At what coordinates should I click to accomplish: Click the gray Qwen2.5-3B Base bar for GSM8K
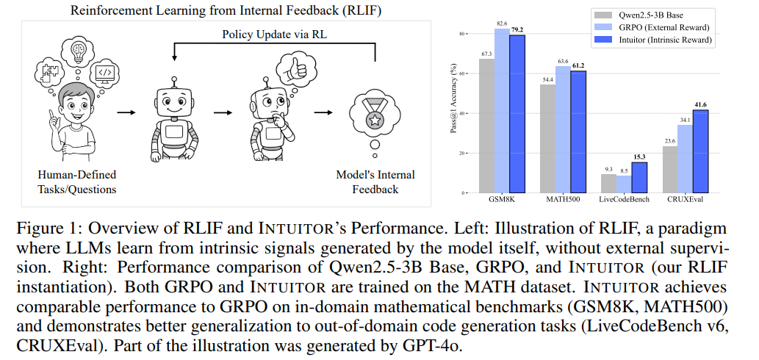(486, 125)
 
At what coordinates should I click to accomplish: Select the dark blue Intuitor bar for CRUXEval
(700, 151)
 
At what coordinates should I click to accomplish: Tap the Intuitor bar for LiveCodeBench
(639, 177)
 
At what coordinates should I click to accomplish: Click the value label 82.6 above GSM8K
(502, 24)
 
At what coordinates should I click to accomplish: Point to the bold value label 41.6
(700, 105)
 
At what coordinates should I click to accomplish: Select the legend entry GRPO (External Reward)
(658, 26)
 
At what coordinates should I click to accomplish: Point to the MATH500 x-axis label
(564, 201)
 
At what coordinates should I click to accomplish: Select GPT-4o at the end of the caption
(436, 343)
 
